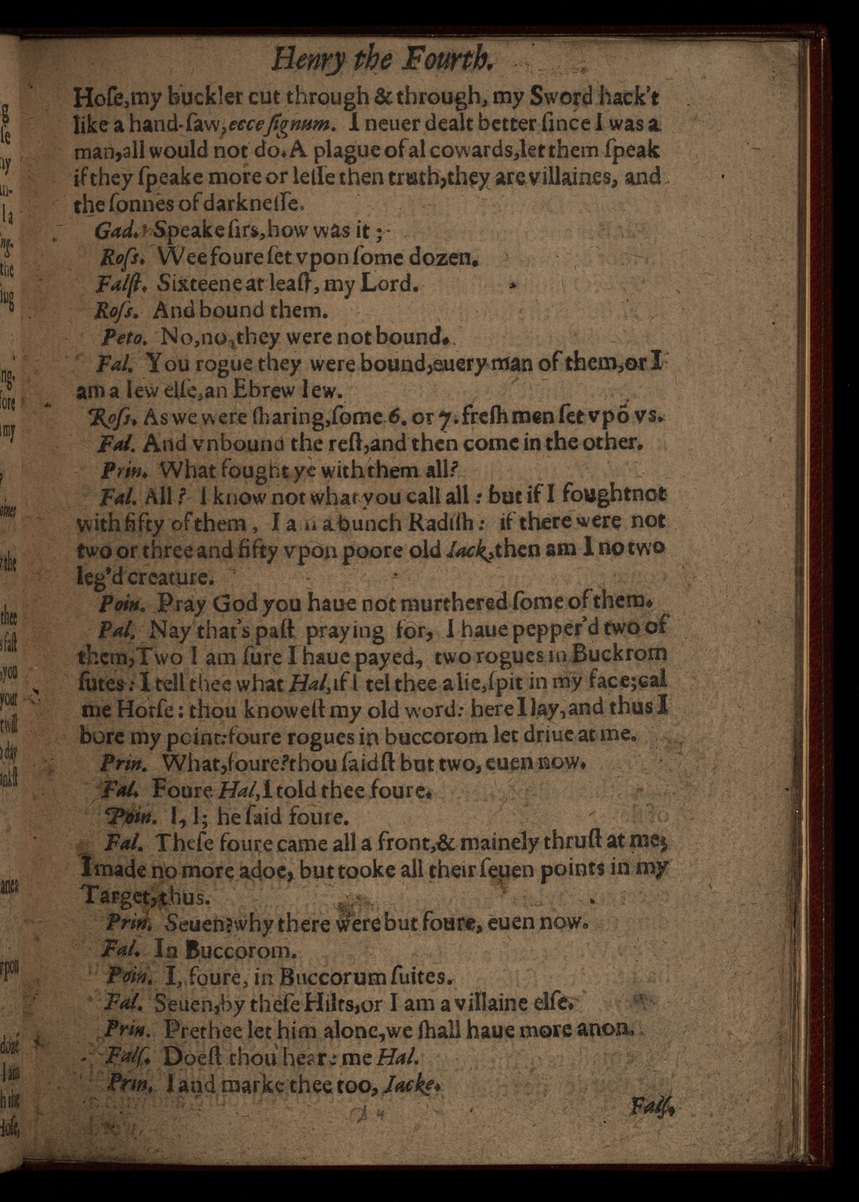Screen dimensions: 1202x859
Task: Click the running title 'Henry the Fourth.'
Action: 383,59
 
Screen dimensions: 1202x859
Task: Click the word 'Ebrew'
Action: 268,390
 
